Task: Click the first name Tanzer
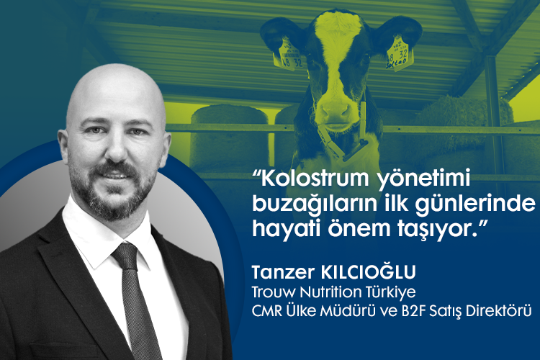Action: coord(284,272)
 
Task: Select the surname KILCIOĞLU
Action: coord(369,271)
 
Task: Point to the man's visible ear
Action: coord(64,148)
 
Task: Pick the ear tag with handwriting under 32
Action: coord(399,53)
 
